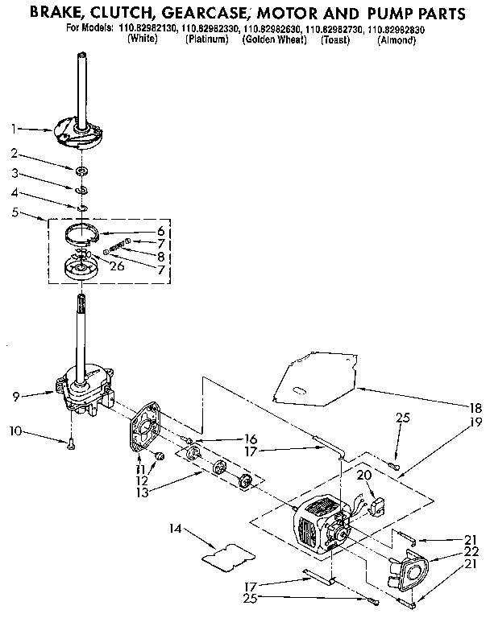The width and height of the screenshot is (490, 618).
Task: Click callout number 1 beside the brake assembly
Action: (14, 128)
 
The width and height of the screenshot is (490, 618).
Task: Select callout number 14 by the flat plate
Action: (175, 528)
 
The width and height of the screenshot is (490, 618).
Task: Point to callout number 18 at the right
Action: (475, 408)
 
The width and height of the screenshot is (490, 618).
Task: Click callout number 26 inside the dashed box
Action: (117, 266)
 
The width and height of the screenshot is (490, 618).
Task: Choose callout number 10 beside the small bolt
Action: (15, 431)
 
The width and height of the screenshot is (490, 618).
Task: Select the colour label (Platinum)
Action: (207, 39)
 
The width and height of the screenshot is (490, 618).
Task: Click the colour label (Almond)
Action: (397, 39)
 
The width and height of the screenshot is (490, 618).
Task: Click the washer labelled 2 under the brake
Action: (81, 171)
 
